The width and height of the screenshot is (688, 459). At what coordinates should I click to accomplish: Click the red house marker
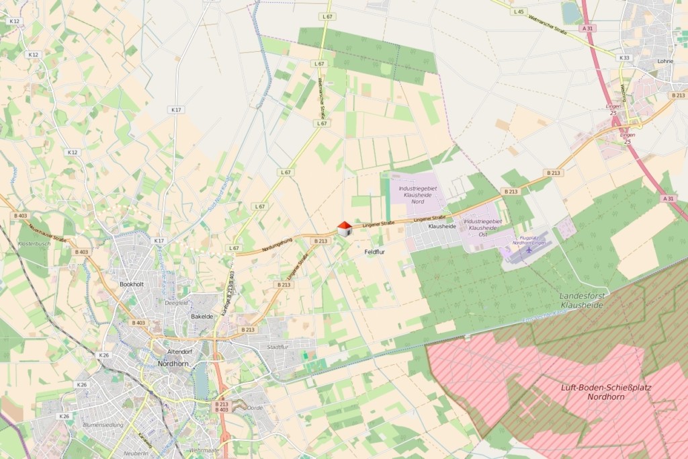click(345, 228)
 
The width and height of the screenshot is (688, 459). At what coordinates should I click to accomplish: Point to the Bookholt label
click(132, 284)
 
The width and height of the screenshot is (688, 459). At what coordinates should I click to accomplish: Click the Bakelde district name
click(202, 316)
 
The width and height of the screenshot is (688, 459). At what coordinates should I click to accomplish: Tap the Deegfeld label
click(177, 302)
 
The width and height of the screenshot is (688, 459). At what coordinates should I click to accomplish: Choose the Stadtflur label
click(277, 347)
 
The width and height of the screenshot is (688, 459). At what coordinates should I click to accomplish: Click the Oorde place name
click(255, 407)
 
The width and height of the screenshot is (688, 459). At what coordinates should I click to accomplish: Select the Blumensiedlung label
click(103, 425)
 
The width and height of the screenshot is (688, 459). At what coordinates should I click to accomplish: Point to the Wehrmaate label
click(204, 450)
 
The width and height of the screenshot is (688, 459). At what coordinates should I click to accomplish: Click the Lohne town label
click(665, 61)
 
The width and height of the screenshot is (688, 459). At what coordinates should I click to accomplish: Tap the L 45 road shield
click(518, 11)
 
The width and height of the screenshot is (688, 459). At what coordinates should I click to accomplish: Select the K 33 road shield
click(624, 58)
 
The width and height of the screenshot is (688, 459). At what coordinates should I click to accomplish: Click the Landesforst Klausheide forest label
click(582, 300)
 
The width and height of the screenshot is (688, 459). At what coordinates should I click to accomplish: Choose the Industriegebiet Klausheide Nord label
click(417, 195)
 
